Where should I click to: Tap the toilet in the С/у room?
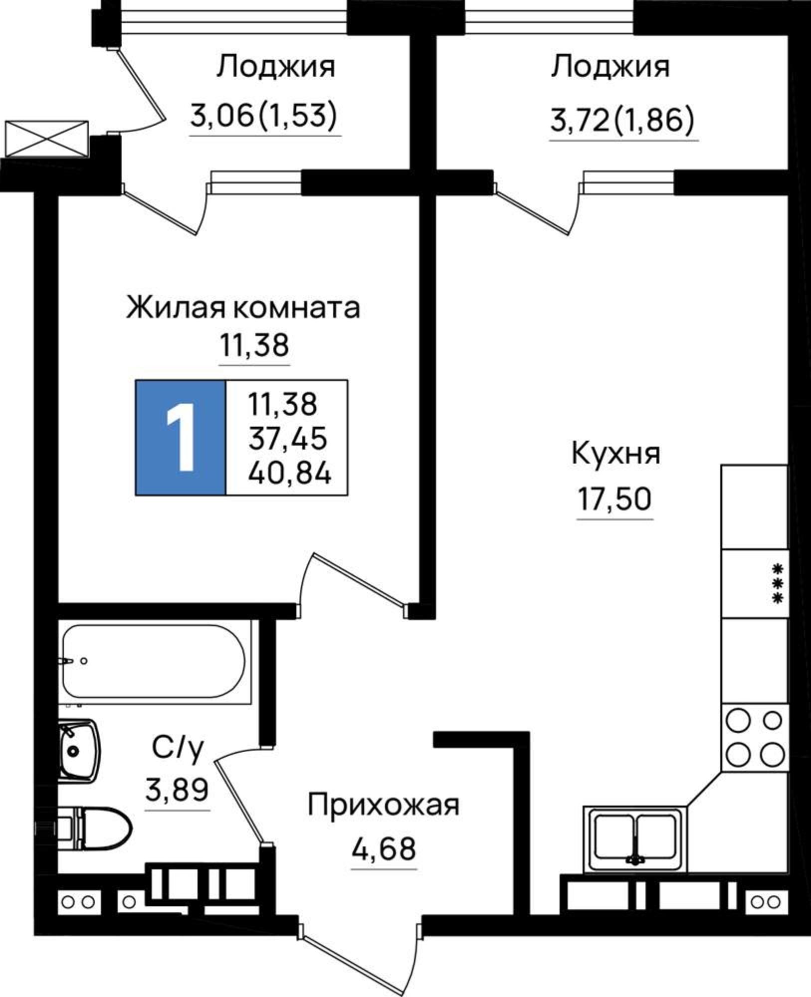tap(97, 829)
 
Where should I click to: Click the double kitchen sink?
tap(635, 839)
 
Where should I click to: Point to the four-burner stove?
tap(754, 738)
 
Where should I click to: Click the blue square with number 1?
tap(181, 438)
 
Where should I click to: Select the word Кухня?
tap(615, 454)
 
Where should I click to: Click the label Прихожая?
tap(383, 805)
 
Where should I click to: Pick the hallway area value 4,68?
tap(384, 848)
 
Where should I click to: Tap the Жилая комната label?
tap(243, 308)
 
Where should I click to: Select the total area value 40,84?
tap(289, 473)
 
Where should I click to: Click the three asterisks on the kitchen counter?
tap(777, 583)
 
